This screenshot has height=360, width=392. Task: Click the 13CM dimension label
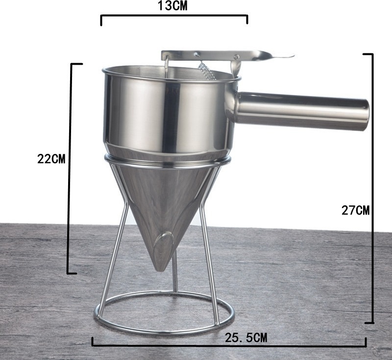[x=172, y=6]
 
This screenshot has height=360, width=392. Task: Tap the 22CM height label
[x=51, y=159]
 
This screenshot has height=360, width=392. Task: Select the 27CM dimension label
[x=355, y=210]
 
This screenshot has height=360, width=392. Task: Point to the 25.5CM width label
[x=246, y=338]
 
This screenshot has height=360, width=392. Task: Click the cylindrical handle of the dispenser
[x=302, y=111]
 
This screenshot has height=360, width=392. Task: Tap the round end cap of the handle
[x=365, y=115]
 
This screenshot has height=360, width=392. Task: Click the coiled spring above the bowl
[x=207, y=71]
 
